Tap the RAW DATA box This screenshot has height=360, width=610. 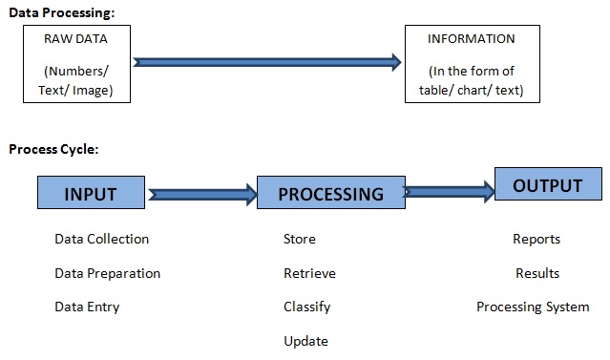pyautogui.click(x=76, y=64)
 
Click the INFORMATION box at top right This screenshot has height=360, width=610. pyautogui.click(x=473, y=64)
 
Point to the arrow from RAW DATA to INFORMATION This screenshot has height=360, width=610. pyautogui.click(x=267, y=62)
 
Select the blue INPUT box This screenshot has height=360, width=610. pyautogui.click(x=91, y=193)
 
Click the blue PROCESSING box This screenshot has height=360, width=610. pyautogui.click(x=330, y=193)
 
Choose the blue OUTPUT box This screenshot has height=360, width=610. pyautogui.click(x=548, y=185)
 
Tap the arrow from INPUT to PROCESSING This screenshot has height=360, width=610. pyautogui.click(x=201, y=194)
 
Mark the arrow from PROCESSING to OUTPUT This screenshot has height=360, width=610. pyautogui.click(x=449, y=191)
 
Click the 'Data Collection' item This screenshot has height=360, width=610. pyautogui.click(x=102, y=239)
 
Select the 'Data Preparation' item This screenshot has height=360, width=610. pyautogui.click(x=107, y=273)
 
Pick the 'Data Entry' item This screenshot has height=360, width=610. pyautogui.click(x=87, y=307)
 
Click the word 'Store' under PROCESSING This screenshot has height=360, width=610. pyautogui.click(x=300, y=239)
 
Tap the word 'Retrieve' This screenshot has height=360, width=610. pyautogui.click(x=309, y=273)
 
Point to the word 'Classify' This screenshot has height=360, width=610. pyautogui.click(x=307, y=307)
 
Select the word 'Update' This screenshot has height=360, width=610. pyautogui.click(x=305, y=341)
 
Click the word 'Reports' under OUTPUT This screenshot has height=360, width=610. pyautogui.click(x=536, y=239)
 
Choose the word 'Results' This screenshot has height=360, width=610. pyautogui.click(x=537, y=273)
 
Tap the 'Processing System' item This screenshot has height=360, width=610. pyautogui.click(x=533, y=307)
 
